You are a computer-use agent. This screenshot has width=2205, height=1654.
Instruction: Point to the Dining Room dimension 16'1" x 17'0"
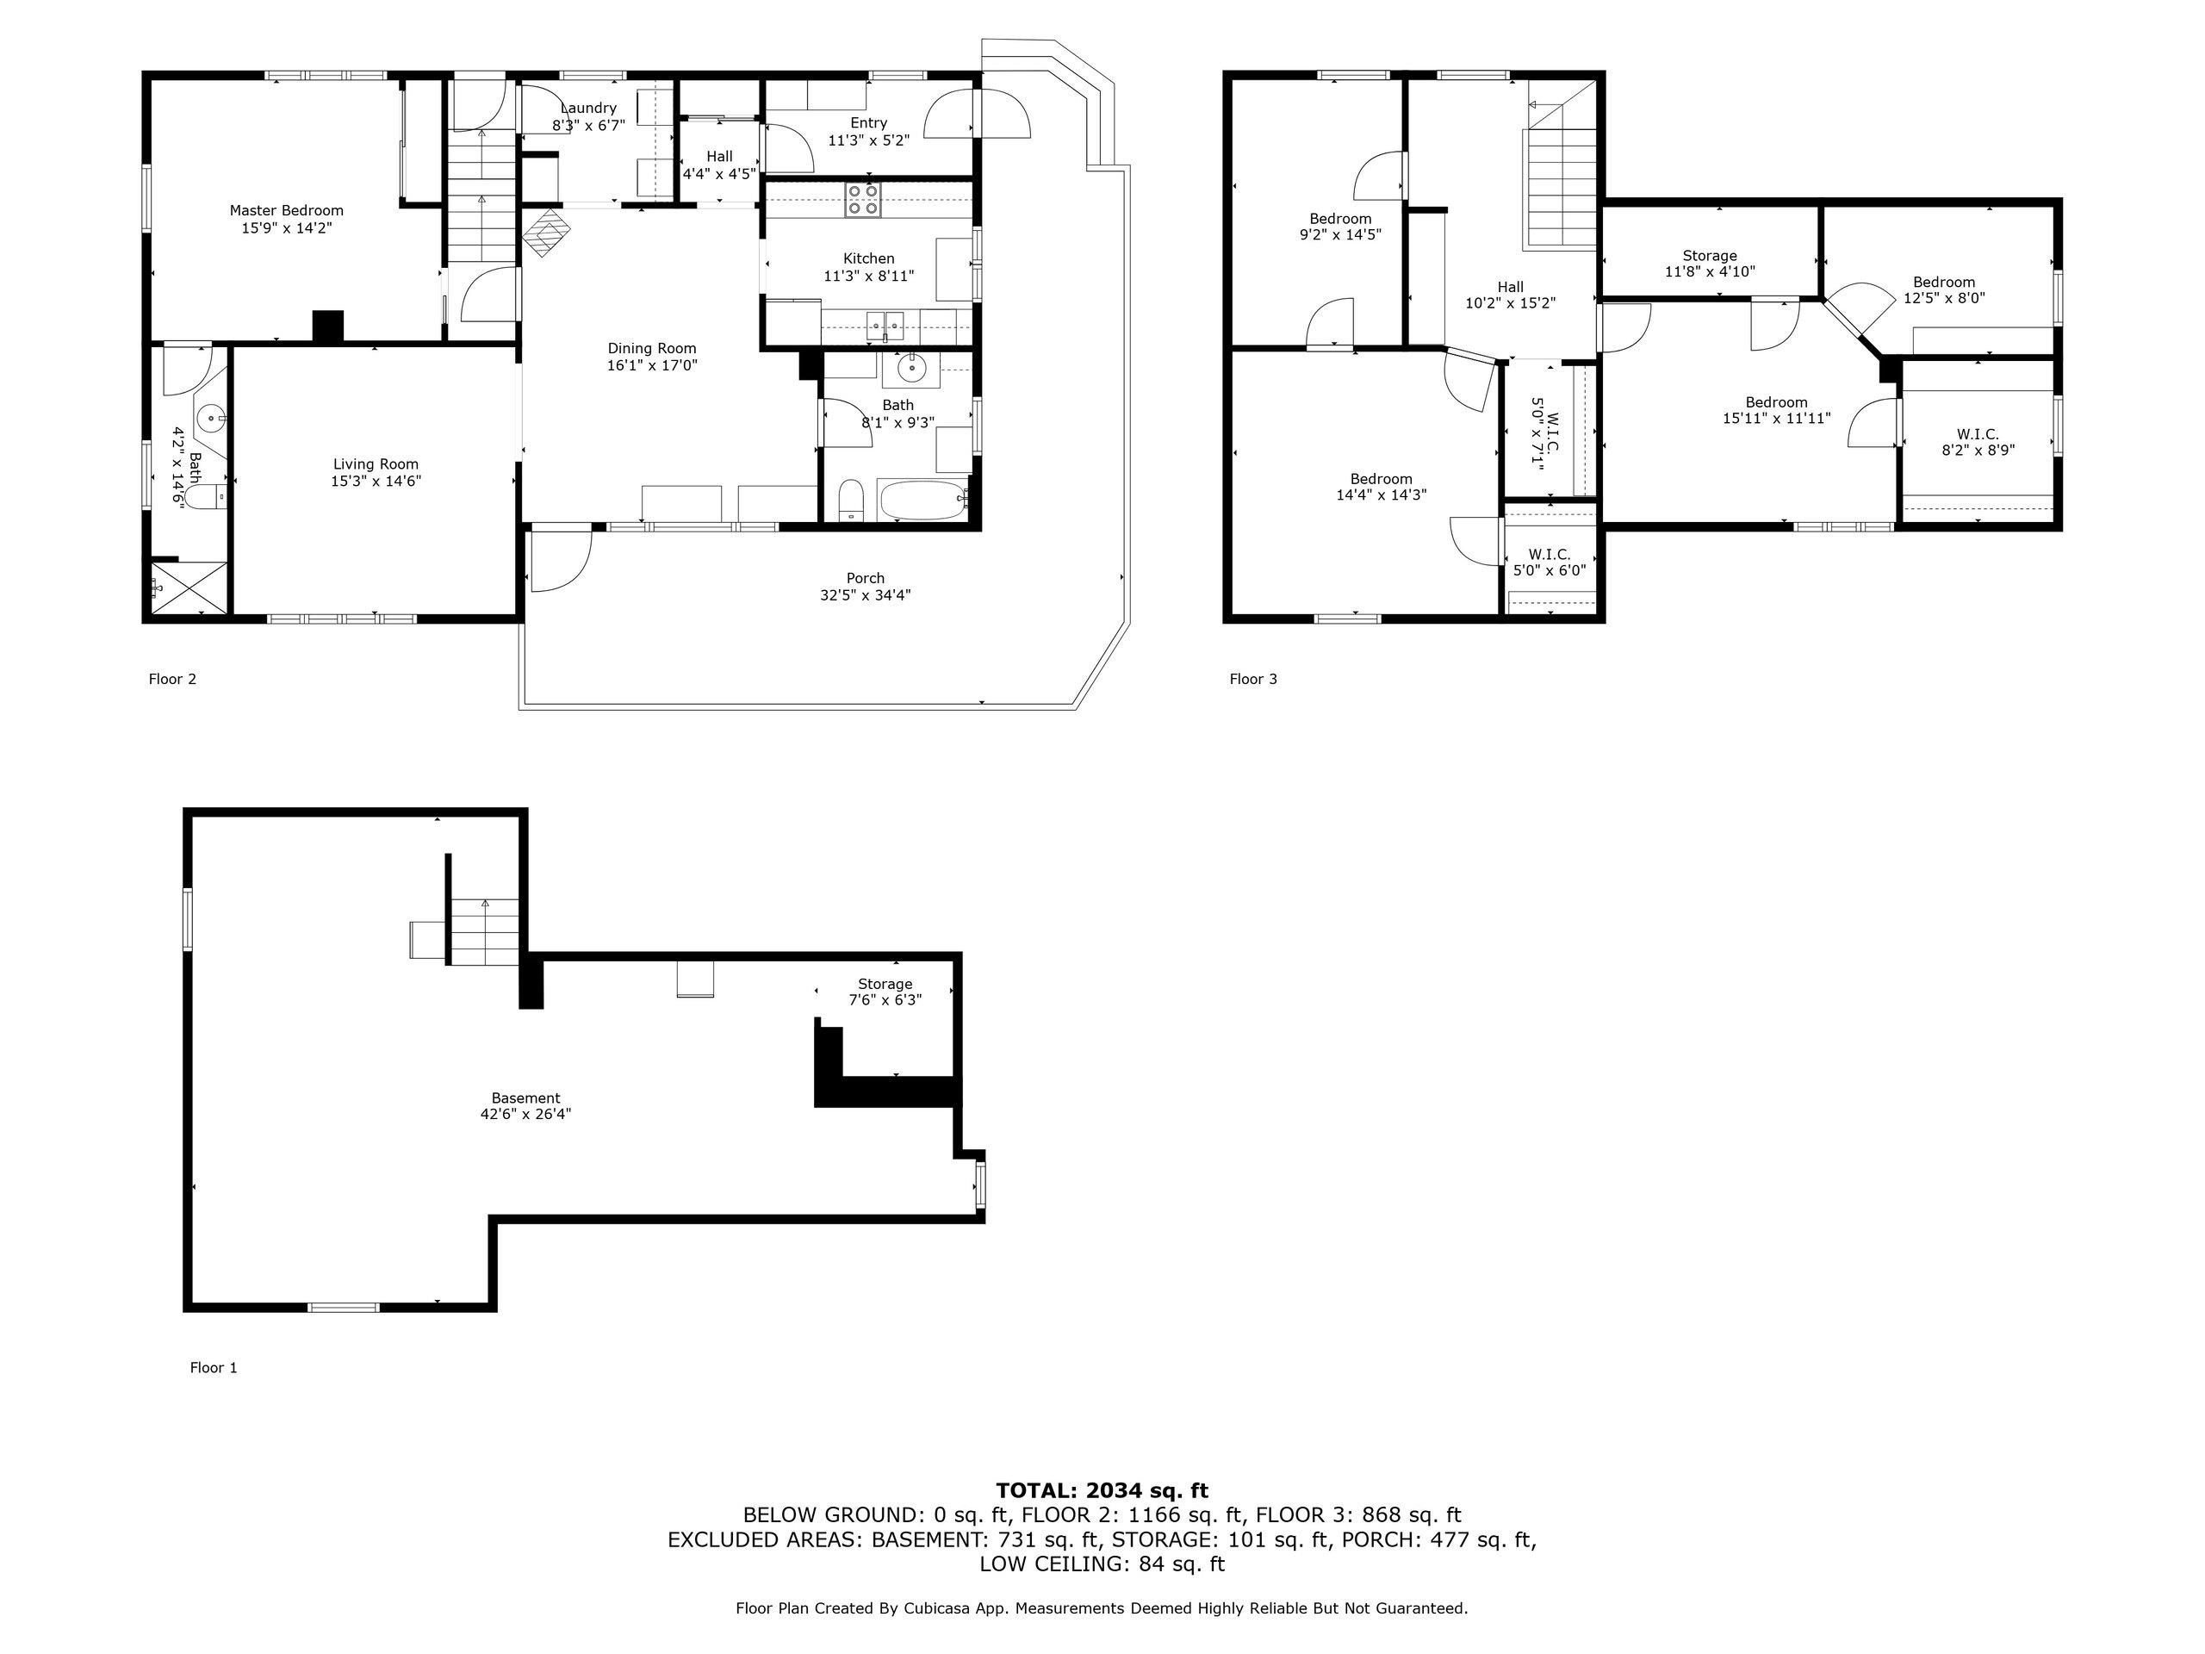pyautogui.click(x=652, y=366)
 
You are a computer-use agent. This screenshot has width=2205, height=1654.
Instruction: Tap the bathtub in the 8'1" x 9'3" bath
pyautogui.click(x=922, y=499)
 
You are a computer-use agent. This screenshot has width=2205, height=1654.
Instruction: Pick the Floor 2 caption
pyautogui.click(x=172, y=679)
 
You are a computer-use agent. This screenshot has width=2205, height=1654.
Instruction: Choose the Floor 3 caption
pyautogui.click(x=1253, y=679)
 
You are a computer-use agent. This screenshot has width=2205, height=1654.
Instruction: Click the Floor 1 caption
pyautogui.click(x=214, y=1368)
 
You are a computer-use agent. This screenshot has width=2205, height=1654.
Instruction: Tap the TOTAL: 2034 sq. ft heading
pyautogui.click(x=1102, y=1490)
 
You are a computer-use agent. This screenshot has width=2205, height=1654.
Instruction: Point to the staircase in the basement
pyautogui.click(x=483, y=931)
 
